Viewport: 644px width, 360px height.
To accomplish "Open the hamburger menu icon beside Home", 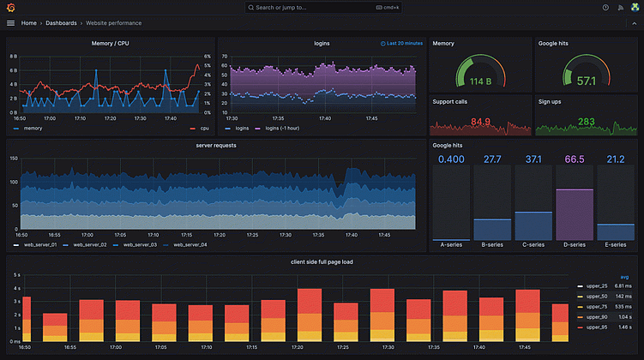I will pyautogui.click(x=10, y=23).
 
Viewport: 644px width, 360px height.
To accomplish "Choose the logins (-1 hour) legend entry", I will pyautogui.click(x=283, y=129).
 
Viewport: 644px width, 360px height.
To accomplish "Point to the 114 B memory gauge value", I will pyautogui.click(x=480, y=81).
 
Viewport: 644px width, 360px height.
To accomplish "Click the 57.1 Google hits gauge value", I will pyautogui.click(x=587, y=81).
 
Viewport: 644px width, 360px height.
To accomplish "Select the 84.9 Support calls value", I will pyautogui.click(x=480, y=122).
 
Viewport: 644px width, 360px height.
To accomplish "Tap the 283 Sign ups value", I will pyautogui.click(x=587, y=122).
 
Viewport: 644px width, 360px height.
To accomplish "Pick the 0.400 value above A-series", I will pyautogui.click(x=451, y=159).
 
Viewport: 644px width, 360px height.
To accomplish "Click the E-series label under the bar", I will pyautogui.click(x=615, y=244).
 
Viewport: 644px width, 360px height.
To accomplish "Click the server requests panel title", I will pyautogui.click(x=216, y=146).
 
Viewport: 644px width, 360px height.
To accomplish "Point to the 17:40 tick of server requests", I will pyautogui.click(x=352, y=234).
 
